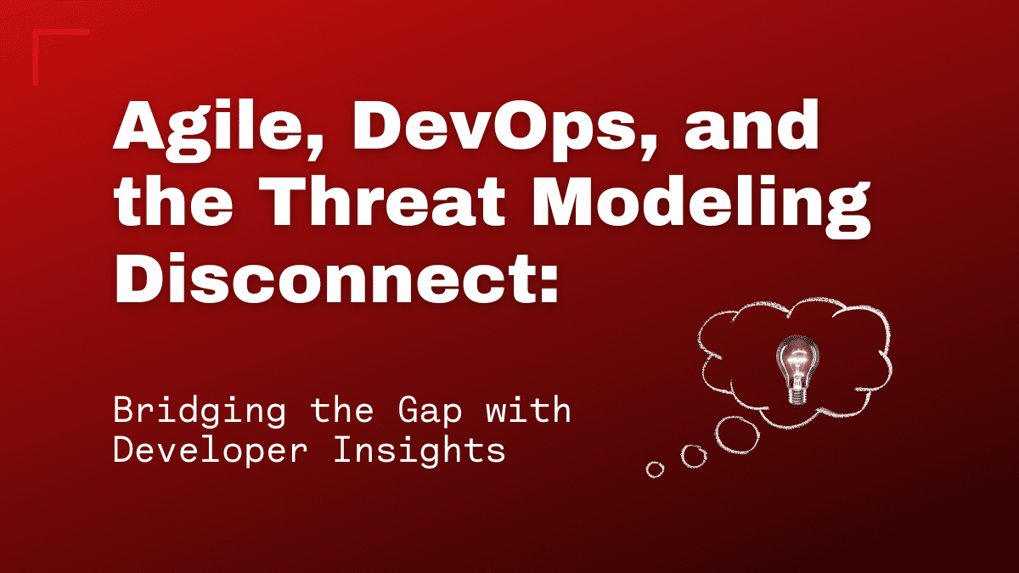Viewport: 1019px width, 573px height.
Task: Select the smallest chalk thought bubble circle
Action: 655,469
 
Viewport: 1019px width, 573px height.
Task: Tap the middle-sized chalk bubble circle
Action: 694,457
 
